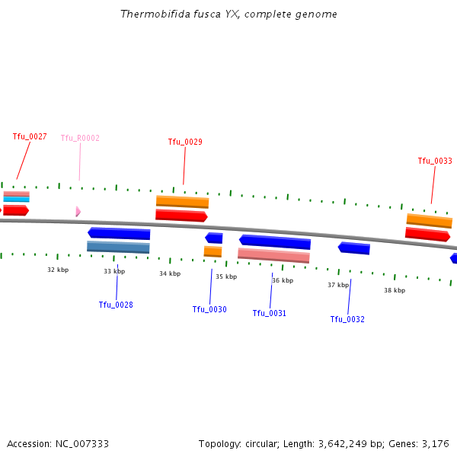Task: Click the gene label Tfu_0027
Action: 30,137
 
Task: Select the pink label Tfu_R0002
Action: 80,139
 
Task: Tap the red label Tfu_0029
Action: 185,142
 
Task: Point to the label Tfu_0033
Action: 435,161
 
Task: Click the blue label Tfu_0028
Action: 116,305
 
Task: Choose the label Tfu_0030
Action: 209,309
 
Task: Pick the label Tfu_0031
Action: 270,313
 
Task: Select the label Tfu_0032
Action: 347,319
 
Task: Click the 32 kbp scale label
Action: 58,270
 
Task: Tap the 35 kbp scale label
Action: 226,276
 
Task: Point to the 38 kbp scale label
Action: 395,290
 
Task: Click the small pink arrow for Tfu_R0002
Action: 78,211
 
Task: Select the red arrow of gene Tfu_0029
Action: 181,216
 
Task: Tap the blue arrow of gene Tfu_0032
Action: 354,248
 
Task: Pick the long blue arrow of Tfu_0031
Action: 275,241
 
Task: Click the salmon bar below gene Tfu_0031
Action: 273,255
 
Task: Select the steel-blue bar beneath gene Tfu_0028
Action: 118,247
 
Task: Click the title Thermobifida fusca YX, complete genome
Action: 228,14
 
